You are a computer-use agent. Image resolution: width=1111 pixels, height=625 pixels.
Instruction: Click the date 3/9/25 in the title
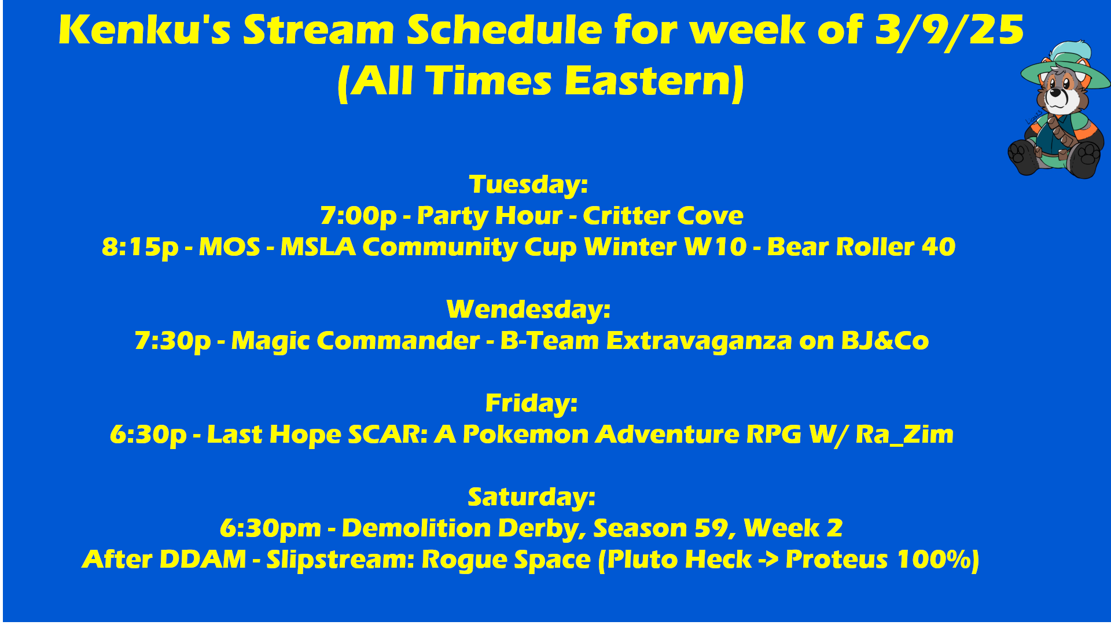click(x=950, y=31)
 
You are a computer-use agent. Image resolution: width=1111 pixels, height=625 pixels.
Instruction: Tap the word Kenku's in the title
click(x=145, y=30)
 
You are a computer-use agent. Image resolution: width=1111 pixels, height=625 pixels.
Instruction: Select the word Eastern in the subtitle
click(x=650, y=80)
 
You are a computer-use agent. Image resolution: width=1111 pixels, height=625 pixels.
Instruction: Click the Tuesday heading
click(x=528, y=185)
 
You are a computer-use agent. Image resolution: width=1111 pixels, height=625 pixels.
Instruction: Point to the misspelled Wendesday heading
click(x=528, y=310)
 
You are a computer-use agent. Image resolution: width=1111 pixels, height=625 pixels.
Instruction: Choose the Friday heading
click(x=531, y=403)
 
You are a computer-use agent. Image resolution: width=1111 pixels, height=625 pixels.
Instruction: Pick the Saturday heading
click(x=531, y=497)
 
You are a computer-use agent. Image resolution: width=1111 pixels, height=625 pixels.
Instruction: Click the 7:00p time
click(x=359, y=216)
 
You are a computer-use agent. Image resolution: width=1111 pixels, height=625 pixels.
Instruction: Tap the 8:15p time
click(x=140, y=248)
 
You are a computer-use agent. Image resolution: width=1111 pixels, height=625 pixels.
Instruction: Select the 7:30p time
click(x=172, y=341)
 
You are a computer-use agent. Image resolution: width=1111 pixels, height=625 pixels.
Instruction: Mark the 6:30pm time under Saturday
click(x=270, y=529)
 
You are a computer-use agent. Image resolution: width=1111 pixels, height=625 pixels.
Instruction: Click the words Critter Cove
click(x=663, y=215)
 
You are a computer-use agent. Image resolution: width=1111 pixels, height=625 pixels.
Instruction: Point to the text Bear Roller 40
click(x=861, y=247)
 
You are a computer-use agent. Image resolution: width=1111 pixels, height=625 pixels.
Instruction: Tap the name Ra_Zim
click(x=904, y=435)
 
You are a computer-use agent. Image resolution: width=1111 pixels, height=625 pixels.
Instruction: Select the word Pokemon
click(x=525, y=435)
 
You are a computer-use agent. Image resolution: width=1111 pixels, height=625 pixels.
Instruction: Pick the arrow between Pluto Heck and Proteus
click(x=768, y=560)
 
